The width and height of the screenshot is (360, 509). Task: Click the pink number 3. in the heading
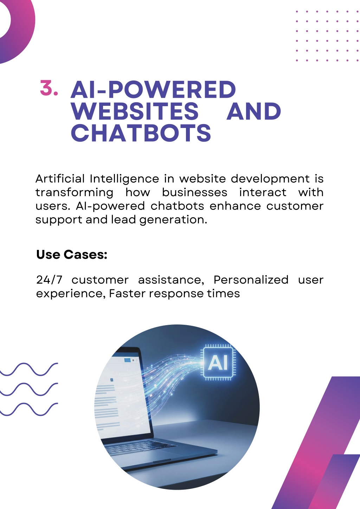pos(49,88)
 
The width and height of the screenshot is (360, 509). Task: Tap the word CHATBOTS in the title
pos(141,133)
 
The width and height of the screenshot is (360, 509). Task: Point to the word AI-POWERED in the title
pos(153,89)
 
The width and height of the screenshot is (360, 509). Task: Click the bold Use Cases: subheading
pos(72,254)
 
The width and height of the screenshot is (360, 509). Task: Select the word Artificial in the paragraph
pos(60,179)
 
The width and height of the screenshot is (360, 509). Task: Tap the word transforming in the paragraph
pos(74,193)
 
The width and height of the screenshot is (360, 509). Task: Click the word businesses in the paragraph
pos(194,192)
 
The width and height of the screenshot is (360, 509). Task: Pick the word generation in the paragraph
pos(173,220)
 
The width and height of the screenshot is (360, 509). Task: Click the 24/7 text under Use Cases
pos(49,280)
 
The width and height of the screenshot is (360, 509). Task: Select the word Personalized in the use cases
pos(251,280)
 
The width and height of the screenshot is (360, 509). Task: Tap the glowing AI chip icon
pos(218,362)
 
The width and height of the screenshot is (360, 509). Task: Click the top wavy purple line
pos(29,369)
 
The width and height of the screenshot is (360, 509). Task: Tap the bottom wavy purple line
pos(29,409)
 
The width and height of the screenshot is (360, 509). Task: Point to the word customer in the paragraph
pos(295,206)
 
